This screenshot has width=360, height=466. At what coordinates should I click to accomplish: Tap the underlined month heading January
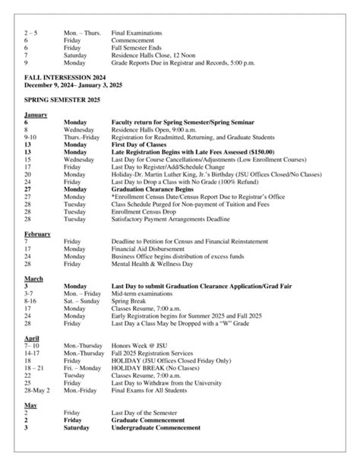click(x=36, y=114)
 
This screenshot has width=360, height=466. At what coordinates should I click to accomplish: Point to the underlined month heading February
click(x=37, y=233)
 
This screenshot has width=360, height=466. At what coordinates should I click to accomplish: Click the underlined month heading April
click(x=32, y=337)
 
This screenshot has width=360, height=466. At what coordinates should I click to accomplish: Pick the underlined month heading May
click(x=30, y=404)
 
